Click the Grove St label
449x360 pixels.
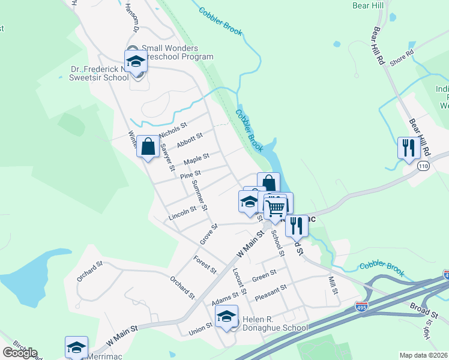pos(208,234)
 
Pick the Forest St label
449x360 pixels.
pos(205,265)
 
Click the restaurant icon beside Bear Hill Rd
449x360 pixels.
pos(408,148)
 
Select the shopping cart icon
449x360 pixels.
pos(275,208)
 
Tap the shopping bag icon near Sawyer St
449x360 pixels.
pos(148,146)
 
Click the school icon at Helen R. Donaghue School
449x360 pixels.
pos(227,316)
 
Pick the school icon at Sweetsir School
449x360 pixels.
pos(136,61)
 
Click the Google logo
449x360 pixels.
pos(20,353)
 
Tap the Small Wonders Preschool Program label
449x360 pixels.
pos(177,53)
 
